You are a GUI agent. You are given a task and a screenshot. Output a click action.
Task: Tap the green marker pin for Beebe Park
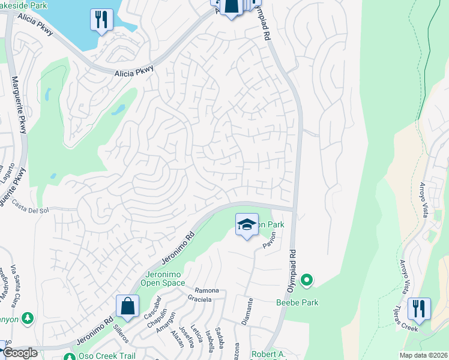click(x=307, y=280)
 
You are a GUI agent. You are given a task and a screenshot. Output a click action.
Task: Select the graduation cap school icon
click(x=247, y=224)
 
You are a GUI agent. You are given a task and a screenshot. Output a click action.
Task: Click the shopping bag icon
click(x=127, y=306)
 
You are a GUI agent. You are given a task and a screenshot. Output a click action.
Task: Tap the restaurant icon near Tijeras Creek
click(x=418, y=309)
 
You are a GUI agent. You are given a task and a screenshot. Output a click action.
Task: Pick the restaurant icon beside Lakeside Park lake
click(x=101, y=20)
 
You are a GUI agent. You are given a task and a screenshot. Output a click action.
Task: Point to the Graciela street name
click(x=199, y=299)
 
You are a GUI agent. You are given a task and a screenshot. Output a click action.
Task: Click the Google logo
click(x=19, y=353)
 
